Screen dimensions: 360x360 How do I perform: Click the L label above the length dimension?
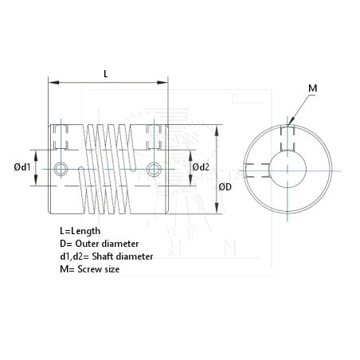pyautogui.click(x=107, y=73)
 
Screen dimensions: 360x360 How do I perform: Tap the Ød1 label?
pyautogui.click(x=22, y=166)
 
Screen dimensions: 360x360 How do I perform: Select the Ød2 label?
pyautogui.click(x=201, y=166)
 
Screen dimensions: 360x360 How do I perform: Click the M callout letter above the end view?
pyautogui.click(x=311, y=87)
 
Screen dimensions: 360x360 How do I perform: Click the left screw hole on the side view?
pyautogui.click(x=63, y=167)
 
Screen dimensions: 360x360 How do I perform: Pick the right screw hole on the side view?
pyautogui.click(x=153, y=167)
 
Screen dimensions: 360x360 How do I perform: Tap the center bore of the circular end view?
pyautogui.click(x=288, y=168)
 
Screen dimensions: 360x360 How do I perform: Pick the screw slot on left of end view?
pyautogui.click(x=253, y=168)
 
